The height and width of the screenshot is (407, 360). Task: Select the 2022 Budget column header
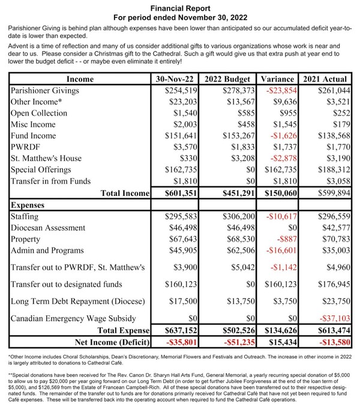229,79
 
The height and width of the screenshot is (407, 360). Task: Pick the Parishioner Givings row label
46,91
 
